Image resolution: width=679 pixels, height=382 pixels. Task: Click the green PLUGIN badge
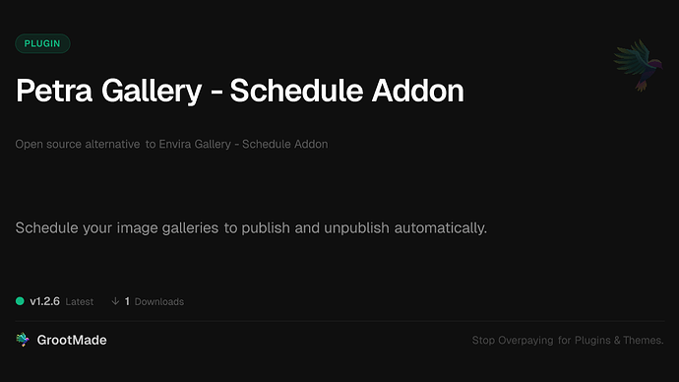[42, 43]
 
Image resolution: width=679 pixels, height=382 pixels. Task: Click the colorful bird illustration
[634, 67]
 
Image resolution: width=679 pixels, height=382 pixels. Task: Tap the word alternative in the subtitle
[108, 144]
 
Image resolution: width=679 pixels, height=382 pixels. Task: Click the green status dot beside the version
[20, 300]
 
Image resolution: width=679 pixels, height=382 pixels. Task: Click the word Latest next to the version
[80, 301]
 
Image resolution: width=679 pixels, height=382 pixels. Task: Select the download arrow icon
[115, 300]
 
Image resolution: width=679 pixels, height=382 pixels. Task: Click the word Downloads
[159, 301]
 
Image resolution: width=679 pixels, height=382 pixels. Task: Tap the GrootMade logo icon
[23, 340]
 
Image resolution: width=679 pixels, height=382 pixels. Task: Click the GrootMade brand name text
[73, 340]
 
